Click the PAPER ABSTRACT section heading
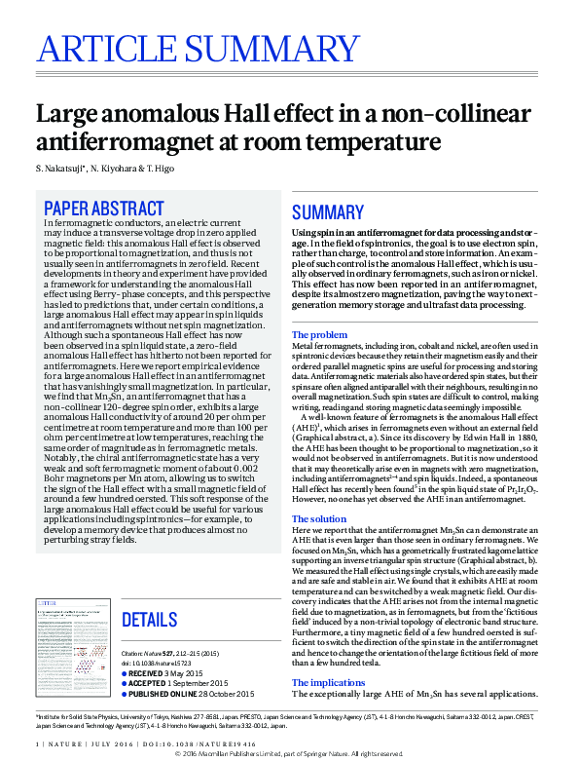(104, 209)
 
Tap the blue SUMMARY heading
(327, 213)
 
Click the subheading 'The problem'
(320, 335)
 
